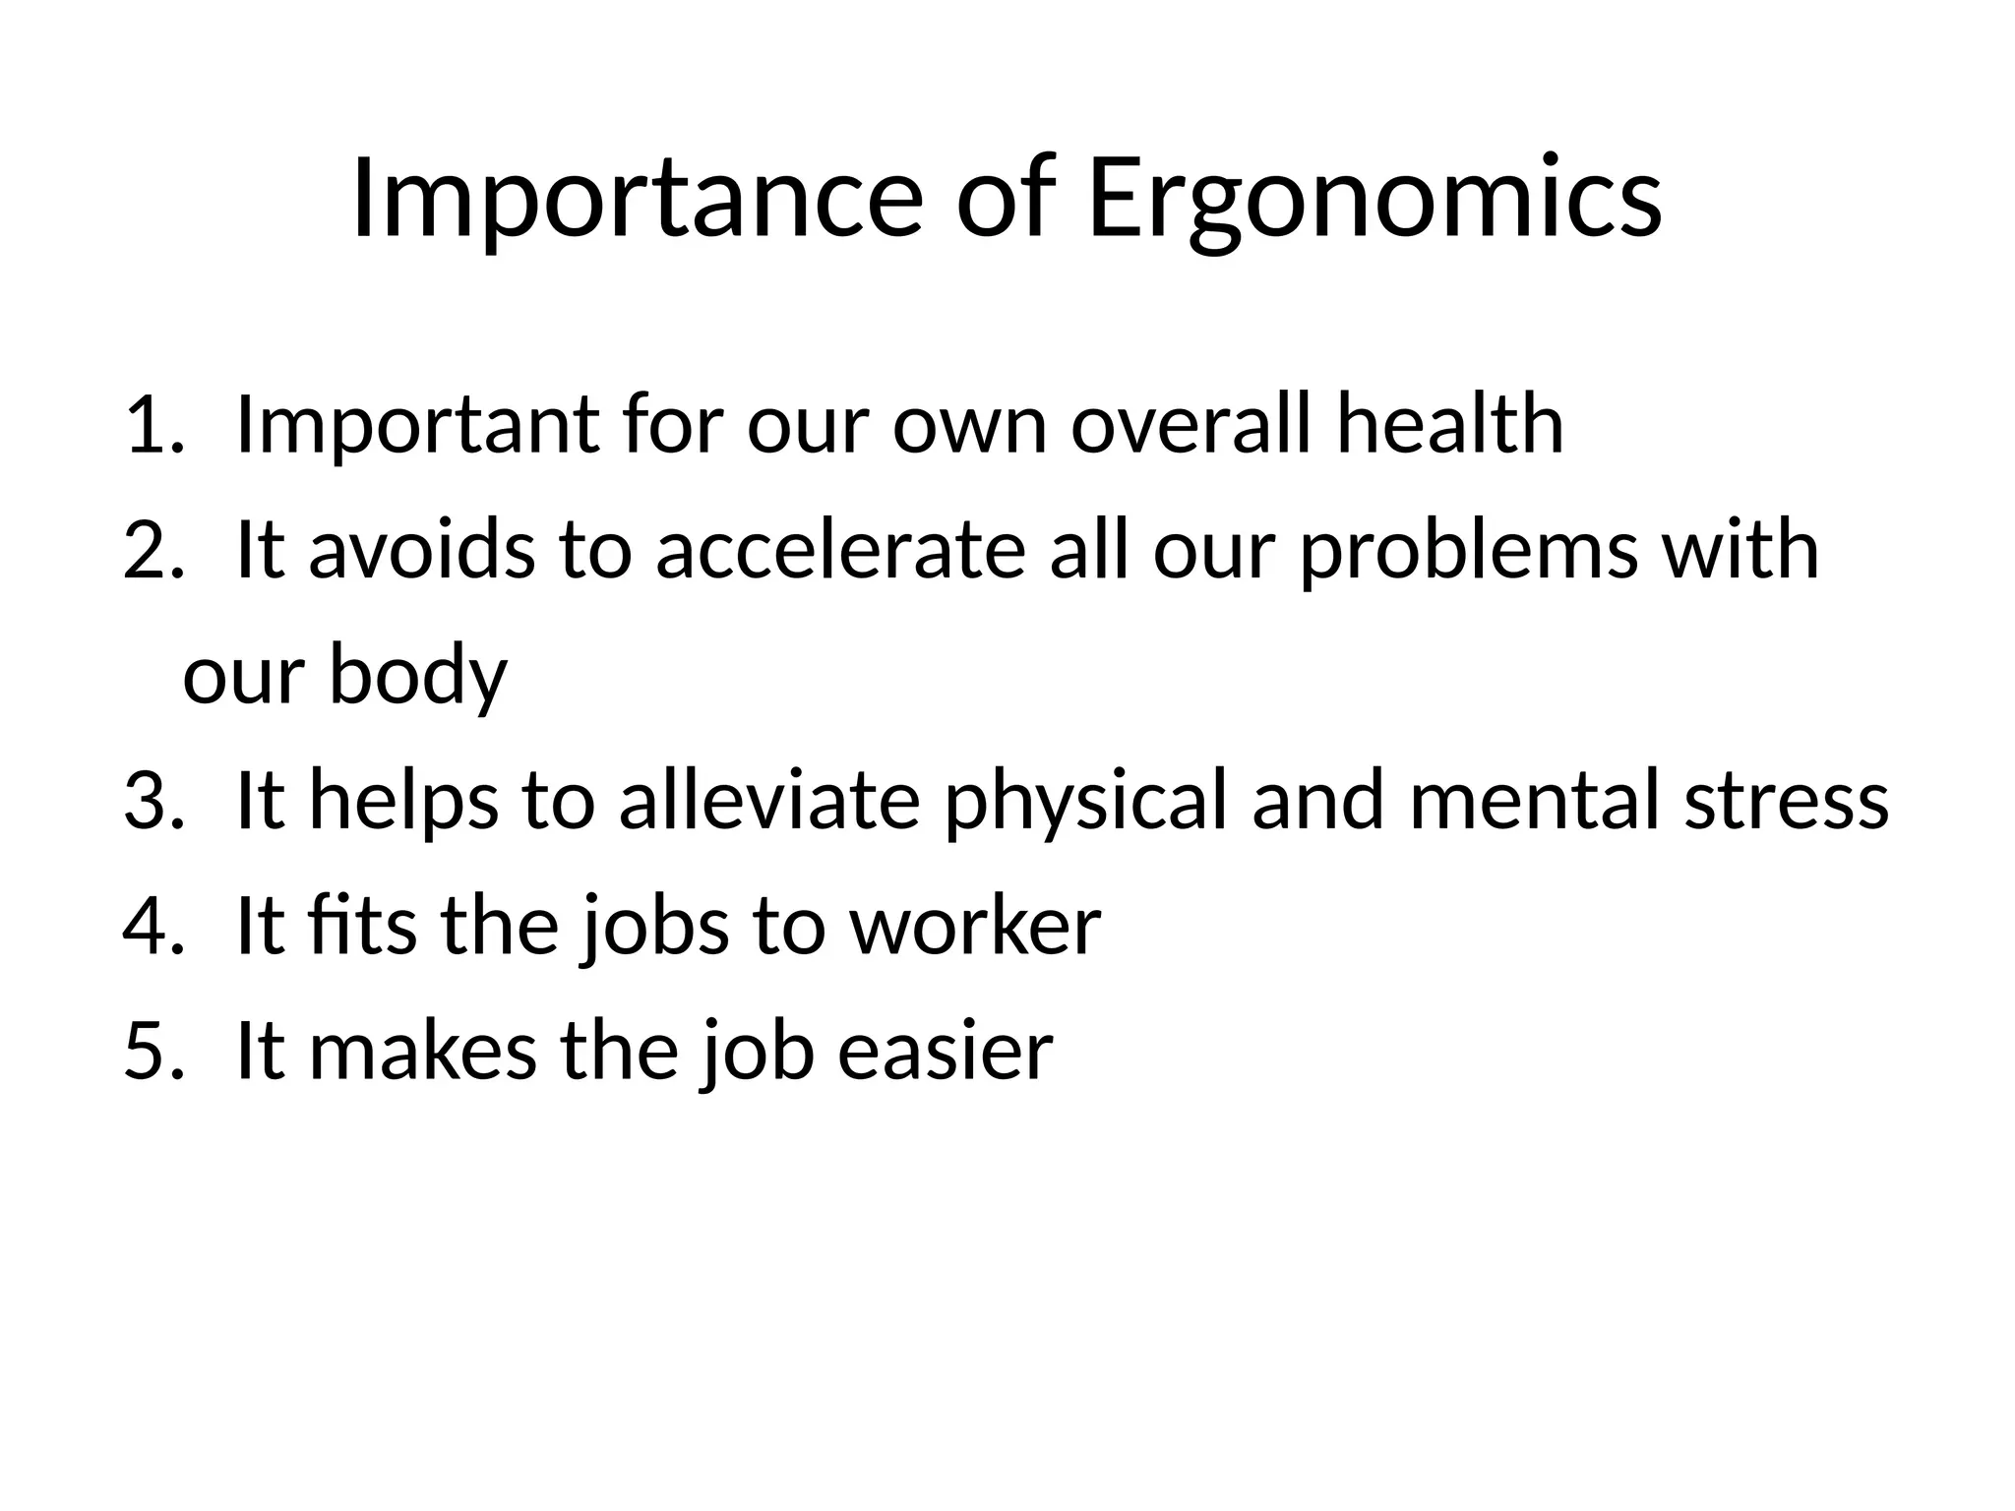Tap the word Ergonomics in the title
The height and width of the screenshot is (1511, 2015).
[x=1374, y=200]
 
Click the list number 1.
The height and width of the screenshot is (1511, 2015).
[x=153, y=425]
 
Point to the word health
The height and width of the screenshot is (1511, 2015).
[x=1449, y=425]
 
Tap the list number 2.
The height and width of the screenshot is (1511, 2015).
[x=153, y=550]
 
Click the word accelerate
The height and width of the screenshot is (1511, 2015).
[x=841, y=550]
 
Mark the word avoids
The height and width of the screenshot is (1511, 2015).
[x=422, y=550]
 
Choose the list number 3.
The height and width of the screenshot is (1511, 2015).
[x=153, y=801]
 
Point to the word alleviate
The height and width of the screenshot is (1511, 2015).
[x=769, y=801]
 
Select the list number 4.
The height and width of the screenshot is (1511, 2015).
[x=153, y=927]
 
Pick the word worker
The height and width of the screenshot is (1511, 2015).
[x=975, y=927]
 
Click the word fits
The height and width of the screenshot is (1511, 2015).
[x=361, y=927]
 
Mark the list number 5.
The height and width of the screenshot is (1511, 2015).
[x=153, y=1052]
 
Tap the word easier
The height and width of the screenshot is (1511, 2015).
[x=946, y=1052]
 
